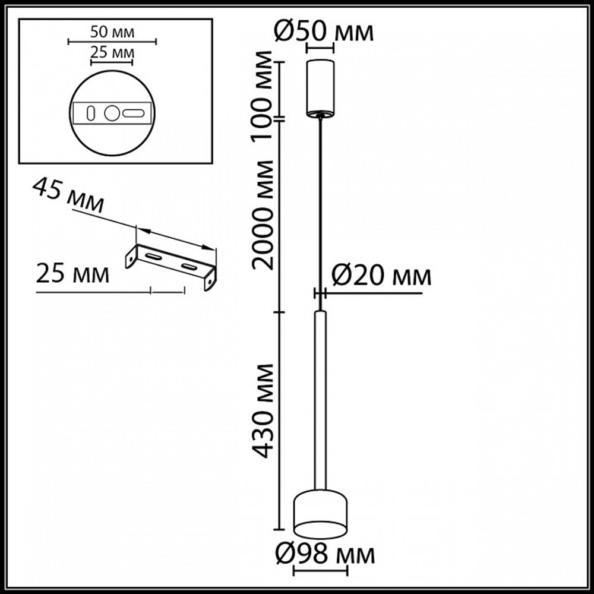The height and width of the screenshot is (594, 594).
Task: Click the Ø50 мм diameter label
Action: pyautogui.click(x=324, y=31)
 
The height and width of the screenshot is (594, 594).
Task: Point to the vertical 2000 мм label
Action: pyautogui.click(x=263, y=214)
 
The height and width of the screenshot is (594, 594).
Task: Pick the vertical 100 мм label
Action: pyautogui.click(x=263, y=89)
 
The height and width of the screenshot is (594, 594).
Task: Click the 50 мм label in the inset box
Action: pyautogui.click(x=112, y=31)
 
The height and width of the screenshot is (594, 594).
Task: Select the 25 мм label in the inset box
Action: pyautogui.click(x=112, y=53)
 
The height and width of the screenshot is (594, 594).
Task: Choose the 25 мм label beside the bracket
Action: pyautogui.click(x=72, y=275)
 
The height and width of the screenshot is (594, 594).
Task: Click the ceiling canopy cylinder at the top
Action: pyautogui.click(x=321, y=86)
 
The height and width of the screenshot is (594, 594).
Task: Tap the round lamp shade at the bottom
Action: pyautogui.click(x=321, y=511)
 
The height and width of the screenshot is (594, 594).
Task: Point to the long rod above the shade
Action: pyautogui.click(x=321, y=398)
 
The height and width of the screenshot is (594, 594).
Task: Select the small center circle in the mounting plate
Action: pyautogui.click(x=112, y=113)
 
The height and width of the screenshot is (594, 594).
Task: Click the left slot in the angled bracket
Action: pyautogui.click(x=153, y=256)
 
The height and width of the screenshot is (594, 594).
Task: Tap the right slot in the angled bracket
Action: pyautogui.click(x=190, y=267)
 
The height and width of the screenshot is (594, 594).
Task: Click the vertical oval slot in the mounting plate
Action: pyautogui.click(x=91, y=113)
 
